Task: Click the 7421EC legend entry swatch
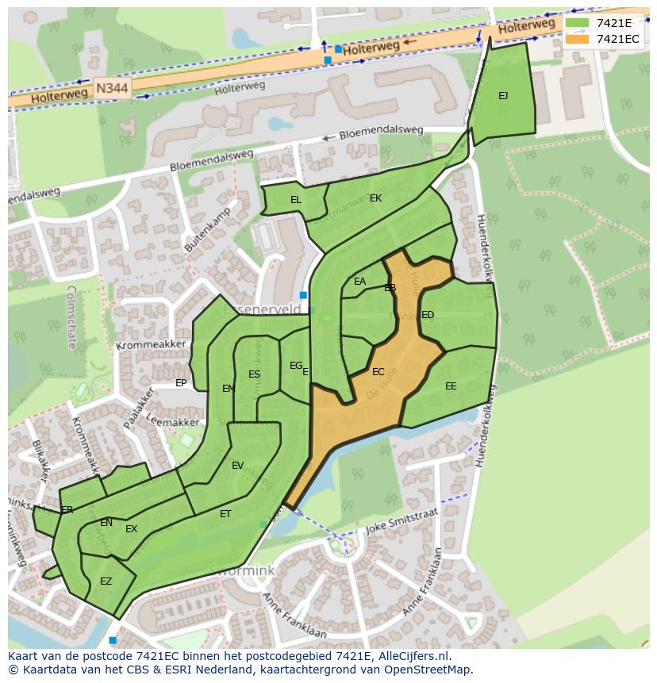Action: (x=578, y=39)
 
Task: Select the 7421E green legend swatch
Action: (x=578, y=23)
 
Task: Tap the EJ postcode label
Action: (x=503, y=96)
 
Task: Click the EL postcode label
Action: (x=296, y=200)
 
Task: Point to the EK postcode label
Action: (x=375, y=198)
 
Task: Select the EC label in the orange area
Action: (x=378, y=372)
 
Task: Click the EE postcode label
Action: (x=451, y=386)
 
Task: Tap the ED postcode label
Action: (x=428, y=315)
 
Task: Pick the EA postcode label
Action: (x=360, y=282)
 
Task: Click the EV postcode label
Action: (x=238, y=466)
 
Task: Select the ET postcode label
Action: (x=225, y=514)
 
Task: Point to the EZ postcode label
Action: (x=106, y=581)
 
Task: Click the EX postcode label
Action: (x=132, y=529)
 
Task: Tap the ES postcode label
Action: (x=254, y=374)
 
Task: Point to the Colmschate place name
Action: (x=71, y=317)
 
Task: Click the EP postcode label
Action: (x=181, y=383)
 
